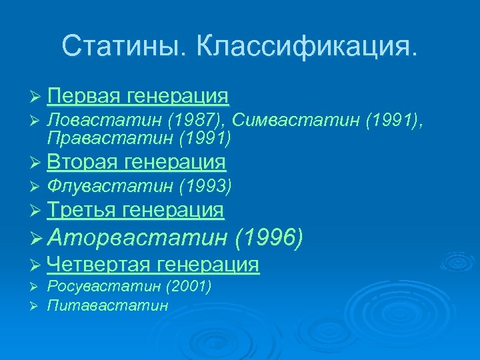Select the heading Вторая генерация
(x=137, y=162)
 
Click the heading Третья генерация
(x=135, y=211)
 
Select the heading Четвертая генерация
(x=153, y=265)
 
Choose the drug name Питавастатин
(x=107, y=305)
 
